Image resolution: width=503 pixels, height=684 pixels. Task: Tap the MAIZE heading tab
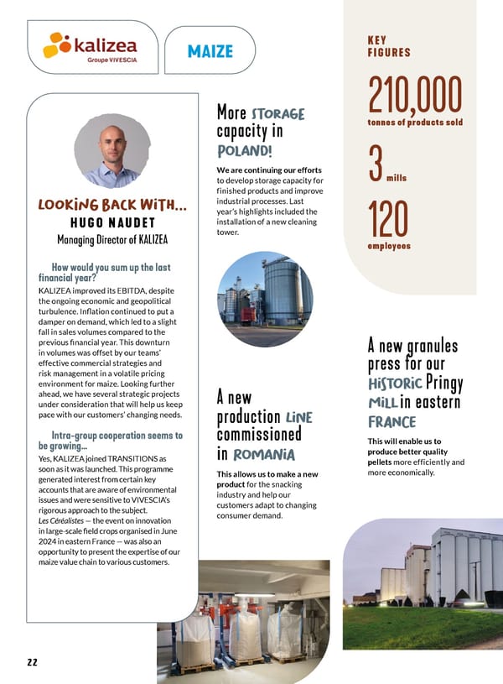(205, 51)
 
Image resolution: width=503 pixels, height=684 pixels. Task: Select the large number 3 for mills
(376, 164)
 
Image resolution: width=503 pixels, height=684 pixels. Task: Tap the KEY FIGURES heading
(389, 45)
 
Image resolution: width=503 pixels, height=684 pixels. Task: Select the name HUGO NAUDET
(112, 222)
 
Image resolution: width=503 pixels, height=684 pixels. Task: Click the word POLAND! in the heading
(244, 150)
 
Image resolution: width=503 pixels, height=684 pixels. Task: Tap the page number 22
(32, 662)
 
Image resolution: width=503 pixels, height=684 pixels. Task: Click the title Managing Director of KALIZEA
(112, 240)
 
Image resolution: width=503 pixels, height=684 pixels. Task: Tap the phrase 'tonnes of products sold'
(415, 123)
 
